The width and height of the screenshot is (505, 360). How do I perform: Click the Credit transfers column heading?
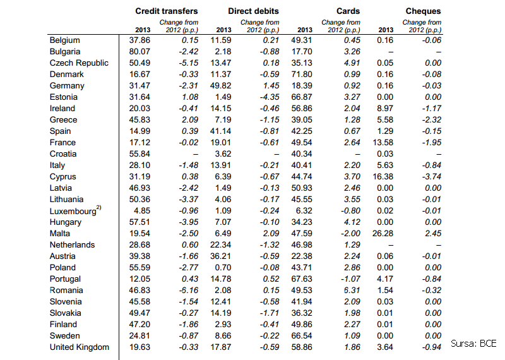point(167,11)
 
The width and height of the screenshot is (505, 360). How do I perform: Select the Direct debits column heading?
point(254,11)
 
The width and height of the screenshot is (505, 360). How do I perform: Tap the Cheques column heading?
point(423,11)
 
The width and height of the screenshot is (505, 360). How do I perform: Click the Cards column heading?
point(348,11)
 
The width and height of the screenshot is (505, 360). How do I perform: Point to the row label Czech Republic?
point(79,63)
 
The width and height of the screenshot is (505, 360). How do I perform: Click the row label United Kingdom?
point(80,347)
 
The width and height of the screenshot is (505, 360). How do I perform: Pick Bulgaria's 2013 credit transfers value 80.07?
point(140,52)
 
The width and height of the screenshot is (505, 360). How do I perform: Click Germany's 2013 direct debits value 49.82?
point(220,86)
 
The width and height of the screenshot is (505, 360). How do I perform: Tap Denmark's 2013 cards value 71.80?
point(302,75)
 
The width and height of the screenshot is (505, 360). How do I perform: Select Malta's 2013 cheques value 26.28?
point(383,233)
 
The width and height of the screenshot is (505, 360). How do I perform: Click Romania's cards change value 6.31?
point(352,291)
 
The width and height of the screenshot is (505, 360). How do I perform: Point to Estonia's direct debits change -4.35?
point(270,97)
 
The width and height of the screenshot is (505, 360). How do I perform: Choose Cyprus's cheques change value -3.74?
point(432,177)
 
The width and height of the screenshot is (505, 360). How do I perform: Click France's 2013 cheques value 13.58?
point(383,143)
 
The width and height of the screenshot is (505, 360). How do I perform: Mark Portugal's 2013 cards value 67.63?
point(302,279)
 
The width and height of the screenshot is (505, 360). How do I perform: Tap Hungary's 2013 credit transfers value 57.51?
point(140,222)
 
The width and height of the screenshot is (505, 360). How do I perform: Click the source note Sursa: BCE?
point(473,344)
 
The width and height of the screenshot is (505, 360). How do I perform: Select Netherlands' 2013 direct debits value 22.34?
point(220,245)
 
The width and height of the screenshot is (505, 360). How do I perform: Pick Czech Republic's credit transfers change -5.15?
point(188,63)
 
